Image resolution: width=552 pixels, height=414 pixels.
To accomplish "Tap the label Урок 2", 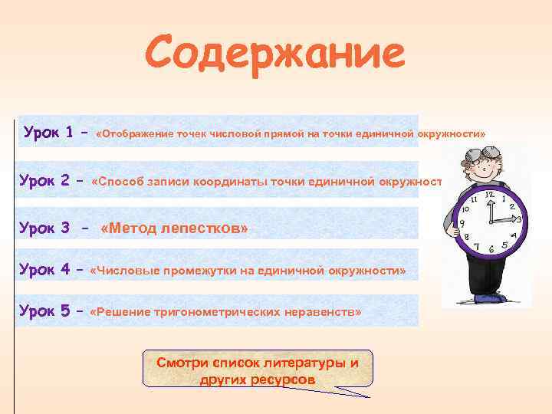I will [44, 181].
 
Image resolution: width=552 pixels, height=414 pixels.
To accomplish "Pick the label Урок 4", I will [44, 271].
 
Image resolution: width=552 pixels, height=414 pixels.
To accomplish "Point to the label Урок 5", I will [44, 312].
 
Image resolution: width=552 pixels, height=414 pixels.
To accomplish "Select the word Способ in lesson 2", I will [118, 182].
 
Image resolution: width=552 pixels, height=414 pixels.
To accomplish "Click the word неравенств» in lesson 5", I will [327, 313].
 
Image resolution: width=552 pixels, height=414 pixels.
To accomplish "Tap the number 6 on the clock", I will [491, 249].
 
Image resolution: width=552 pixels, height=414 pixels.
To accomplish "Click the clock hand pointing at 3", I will [504, 220].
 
